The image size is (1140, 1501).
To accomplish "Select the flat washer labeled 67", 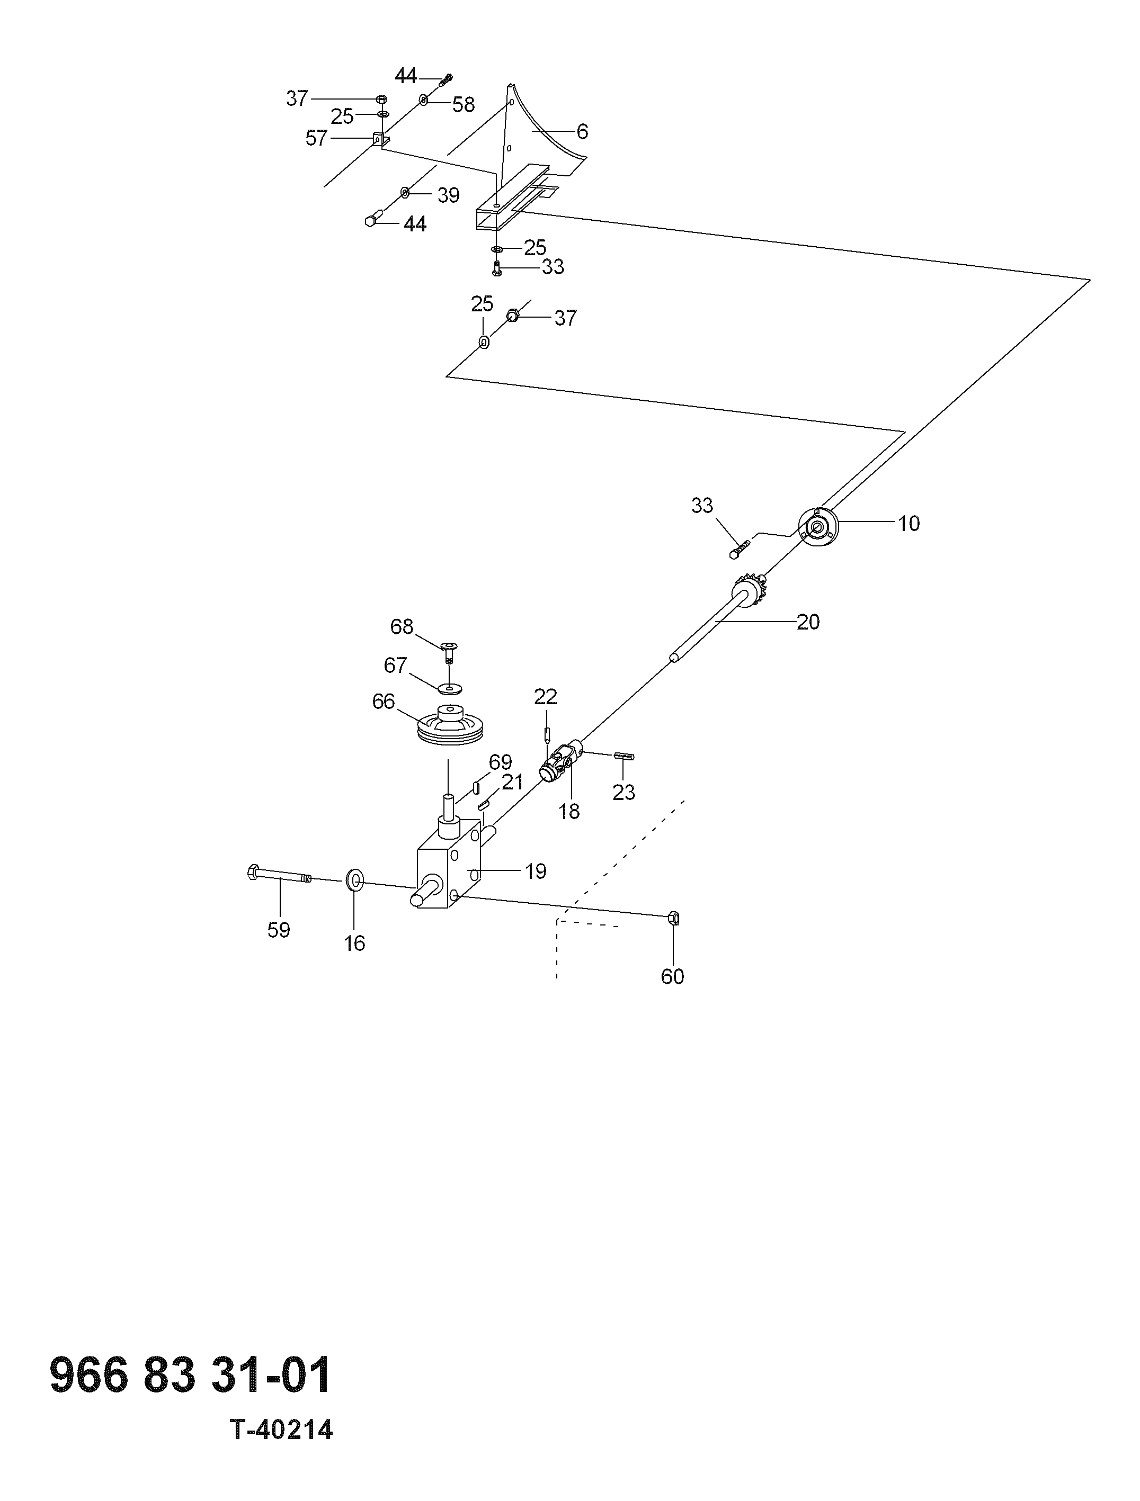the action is [x=449, y=689].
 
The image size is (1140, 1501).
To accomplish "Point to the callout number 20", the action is [x=808, y=622].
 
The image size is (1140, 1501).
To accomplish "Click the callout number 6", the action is [x=582, y=132].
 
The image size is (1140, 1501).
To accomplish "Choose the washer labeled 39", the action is [x=405, y=193].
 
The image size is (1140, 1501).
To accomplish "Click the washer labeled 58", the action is [x=423, y=101].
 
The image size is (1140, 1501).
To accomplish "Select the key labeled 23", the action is [x=624, y=757].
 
